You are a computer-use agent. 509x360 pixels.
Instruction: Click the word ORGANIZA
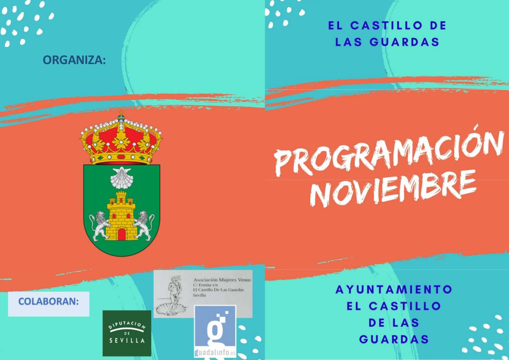74,60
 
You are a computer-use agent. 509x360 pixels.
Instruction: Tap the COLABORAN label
49,302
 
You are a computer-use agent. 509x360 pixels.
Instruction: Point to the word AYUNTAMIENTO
394,289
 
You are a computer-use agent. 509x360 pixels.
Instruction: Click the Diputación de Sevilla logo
127,333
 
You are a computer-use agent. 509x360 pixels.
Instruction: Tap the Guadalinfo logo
215,331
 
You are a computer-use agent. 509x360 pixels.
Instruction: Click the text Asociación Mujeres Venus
222,279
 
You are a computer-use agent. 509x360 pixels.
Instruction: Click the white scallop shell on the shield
121,178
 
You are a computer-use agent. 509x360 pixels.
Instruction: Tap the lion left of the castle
99,225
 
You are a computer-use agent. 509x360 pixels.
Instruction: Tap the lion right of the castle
144,225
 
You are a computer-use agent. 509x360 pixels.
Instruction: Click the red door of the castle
122,234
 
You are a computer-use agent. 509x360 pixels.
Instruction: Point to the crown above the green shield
121,138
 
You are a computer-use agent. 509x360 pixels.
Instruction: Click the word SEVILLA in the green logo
127,340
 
